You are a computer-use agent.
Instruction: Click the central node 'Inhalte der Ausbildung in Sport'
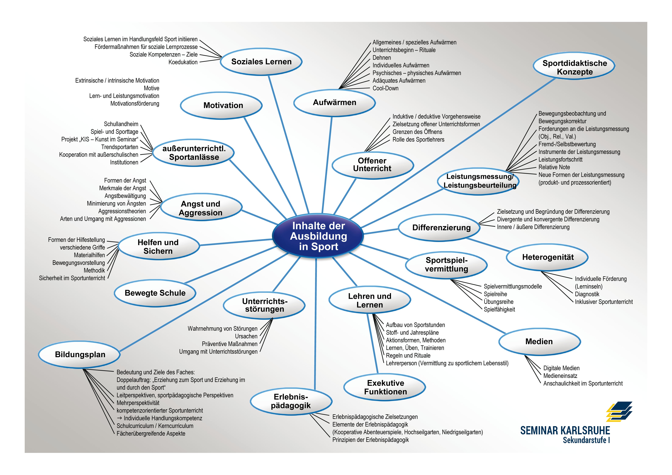click(318, 236)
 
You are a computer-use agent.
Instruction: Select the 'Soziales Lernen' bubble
click(261, 62)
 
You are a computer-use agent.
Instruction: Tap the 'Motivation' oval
click(223, 105)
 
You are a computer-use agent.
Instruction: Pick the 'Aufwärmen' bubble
click(334, 102)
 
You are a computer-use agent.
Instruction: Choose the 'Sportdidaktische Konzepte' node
click(574, 67)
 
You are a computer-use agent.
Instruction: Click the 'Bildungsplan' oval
click(80, 354)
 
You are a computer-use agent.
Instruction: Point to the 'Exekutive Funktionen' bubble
click(385, 387)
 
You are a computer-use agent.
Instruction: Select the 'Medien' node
click(539, 342)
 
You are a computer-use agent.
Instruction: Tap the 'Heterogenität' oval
click(548, 257)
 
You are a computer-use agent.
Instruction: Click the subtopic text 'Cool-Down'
click(385, 88)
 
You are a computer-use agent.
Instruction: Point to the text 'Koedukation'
click(183, 62)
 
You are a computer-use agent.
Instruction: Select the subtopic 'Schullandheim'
click(121, 124)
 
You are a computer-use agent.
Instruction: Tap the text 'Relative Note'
click(554, 167)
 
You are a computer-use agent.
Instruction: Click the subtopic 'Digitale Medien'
click(561, 368)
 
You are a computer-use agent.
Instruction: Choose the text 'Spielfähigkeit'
click(499, 309)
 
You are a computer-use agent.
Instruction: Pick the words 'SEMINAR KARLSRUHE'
click(565, 431)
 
